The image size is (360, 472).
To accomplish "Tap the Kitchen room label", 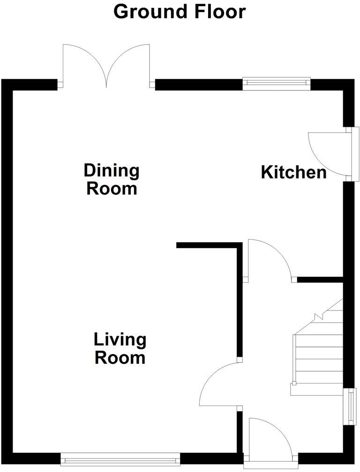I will (293, 172).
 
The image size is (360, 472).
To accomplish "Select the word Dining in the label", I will (112, 170).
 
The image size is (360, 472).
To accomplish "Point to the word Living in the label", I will (120, 339).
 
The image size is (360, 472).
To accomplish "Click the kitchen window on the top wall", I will (277, 83).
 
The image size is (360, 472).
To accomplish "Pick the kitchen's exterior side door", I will (328, 152).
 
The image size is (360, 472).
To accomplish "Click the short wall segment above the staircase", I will (320, 280).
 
